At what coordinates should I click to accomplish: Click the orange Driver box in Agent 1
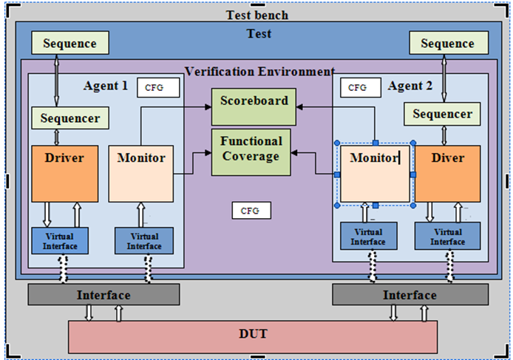(65, 174)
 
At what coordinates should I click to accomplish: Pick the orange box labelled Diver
(447, 174)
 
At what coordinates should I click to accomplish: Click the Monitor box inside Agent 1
(141, 174)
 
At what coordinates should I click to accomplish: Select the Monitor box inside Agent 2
(375, 174)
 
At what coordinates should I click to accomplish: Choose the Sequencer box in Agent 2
(442, 114)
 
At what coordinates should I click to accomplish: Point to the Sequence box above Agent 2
(447, 43)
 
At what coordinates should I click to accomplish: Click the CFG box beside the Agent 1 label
(158, 88)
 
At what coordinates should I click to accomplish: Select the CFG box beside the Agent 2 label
(359, 88)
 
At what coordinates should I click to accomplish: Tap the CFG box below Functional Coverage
(251, 211)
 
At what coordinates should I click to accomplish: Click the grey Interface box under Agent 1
(103, 295)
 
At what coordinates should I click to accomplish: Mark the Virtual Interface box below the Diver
(447, 237)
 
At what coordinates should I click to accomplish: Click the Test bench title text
(256, 16)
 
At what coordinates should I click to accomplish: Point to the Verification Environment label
(259, 72)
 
